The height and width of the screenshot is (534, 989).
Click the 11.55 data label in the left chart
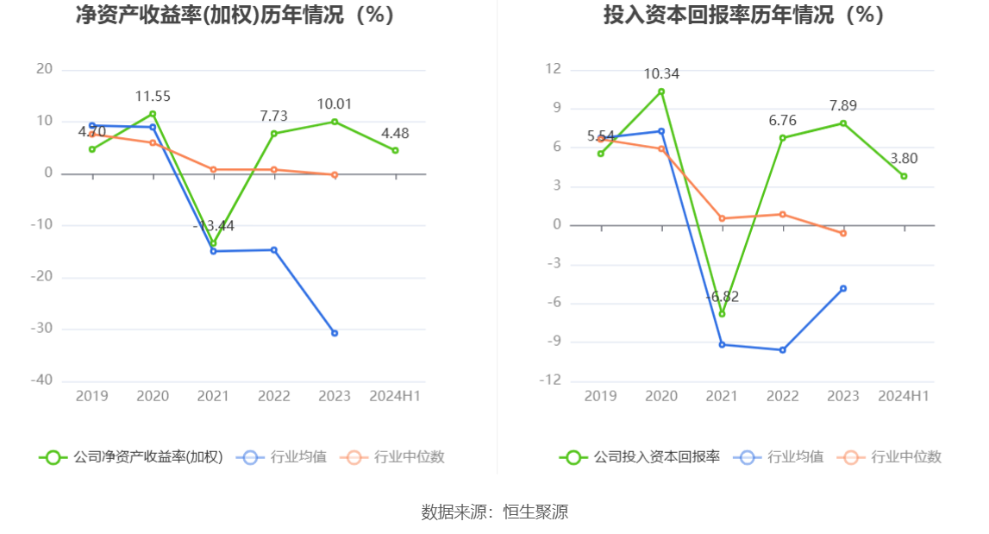[x=153, y=97]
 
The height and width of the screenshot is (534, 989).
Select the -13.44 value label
[x=213, y=226]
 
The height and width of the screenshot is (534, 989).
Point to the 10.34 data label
[x=661, y=74]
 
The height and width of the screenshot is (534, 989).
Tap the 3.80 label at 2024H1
[x=904, y=158]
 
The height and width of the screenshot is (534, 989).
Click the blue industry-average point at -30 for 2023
[x=335, y=333]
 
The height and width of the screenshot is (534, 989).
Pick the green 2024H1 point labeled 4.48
[x=395, y=150]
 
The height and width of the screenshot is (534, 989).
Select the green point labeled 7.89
[x=843, y=123]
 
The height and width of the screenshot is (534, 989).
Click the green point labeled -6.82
[x=722, y=313]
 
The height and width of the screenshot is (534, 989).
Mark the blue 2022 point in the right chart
[x=783, y=350]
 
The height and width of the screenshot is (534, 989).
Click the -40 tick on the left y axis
[x=43, y=380]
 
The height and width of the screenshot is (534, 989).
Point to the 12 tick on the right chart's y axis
[x=554, y=69]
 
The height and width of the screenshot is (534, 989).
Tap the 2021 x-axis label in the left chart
[x=213, y=396]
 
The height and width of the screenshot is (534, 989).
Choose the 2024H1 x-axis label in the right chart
[x=904, y=396]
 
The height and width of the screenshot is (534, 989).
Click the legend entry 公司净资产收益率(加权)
[x=147, y=457]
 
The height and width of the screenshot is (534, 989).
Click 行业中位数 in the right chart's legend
[x=906, y=457]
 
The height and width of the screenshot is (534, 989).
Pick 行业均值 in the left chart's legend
[x=298, y=457]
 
